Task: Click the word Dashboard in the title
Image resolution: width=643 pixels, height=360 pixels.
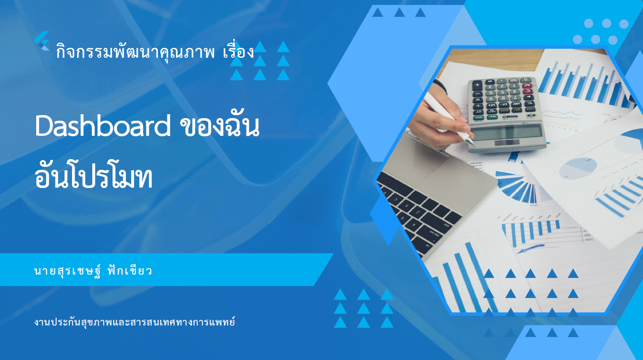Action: tap(103, 126)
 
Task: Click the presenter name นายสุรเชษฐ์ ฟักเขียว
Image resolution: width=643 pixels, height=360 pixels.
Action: tap(93, 271)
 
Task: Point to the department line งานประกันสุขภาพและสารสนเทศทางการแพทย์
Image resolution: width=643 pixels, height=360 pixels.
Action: tap(135, 322)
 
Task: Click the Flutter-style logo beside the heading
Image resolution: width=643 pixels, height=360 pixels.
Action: tap(42, 41)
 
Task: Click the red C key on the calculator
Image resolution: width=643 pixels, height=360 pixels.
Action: tap(527, 91)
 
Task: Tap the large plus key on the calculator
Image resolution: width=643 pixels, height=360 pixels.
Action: tap(477, 85)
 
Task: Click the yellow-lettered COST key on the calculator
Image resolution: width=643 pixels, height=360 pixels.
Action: tap(530, 109)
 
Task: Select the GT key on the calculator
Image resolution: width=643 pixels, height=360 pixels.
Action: tap(479, 112)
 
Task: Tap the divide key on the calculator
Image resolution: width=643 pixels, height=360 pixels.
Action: tap(478, 106)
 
